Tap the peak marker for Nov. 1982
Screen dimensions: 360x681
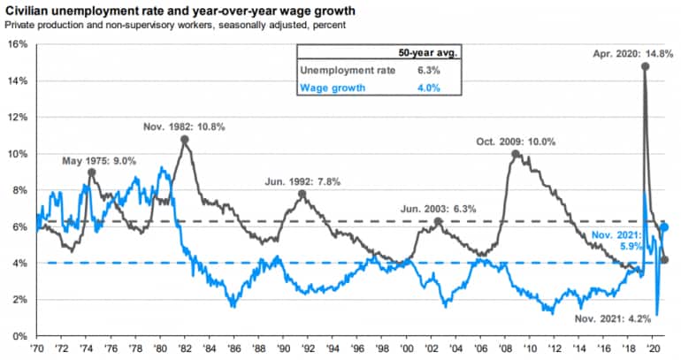(x=184, y=140)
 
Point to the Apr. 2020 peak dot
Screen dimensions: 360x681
(x=645, y=65)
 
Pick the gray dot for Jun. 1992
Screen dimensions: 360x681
(x=302, y=194)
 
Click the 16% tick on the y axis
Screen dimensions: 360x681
(x=17, y=44)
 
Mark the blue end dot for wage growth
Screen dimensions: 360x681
(x=665, y=227)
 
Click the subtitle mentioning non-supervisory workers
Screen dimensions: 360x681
(x=176, y=26)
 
